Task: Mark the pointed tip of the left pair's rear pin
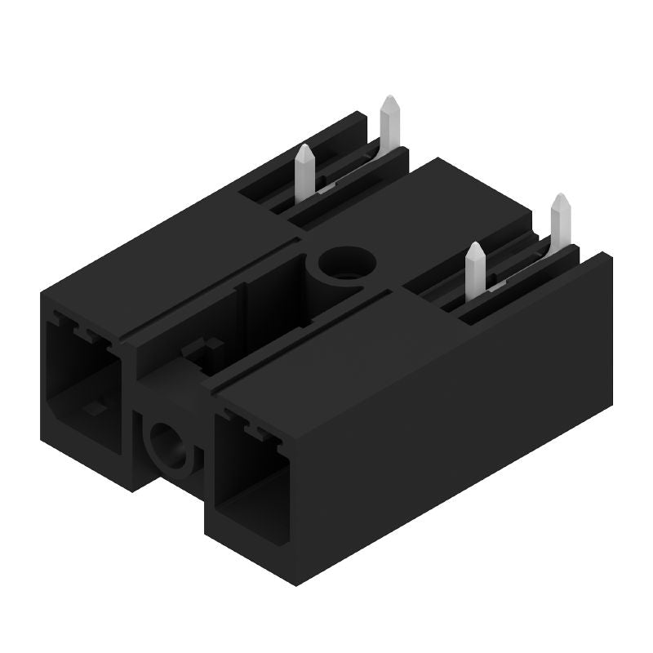coord(391,100)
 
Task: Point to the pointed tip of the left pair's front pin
coord(304,148)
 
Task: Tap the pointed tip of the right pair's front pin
coord(476,247)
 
